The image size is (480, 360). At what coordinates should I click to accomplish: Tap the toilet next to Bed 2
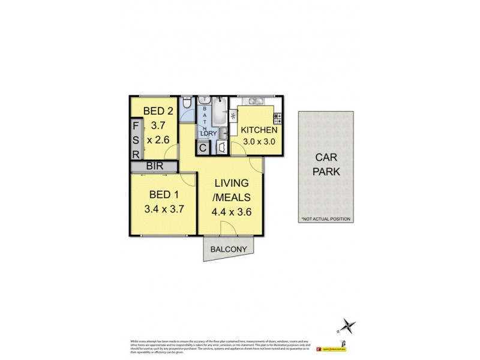tap(187, 106)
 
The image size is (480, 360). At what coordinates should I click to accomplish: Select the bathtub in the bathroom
tap(217, 111)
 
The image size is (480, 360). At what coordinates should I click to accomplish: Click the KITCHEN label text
tap(259, 130)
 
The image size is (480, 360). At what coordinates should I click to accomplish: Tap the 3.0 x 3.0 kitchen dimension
tap(259, 143)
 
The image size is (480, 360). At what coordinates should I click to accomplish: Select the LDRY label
tap(208, 133)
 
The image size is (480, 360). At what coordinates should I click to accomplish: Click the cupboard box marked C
tap(203, 147)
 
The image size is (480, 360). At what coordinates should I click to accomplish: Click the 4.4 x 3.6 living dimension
tap(232, 211)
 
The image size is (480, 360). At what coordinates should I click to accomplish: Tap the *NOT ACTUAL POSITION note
tap(326, 219)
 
